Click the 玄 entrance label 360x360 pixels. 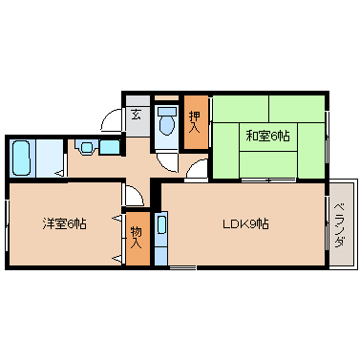(x=136, y=115)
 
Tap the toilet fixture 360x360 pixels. (x=167, y=122)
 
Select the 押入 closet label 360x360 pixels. (x=196, y=121)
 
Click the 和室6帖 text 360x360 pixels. (x=268, y=136)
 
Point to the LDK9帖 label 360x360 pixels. (x=245, y=225)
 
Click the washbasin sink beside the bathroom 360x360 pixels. (x=88, y=148)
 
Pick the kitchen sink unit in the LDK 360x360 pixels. (x=161, y=239)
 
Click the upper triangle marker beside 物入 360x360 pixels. (x=118, y=219)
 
